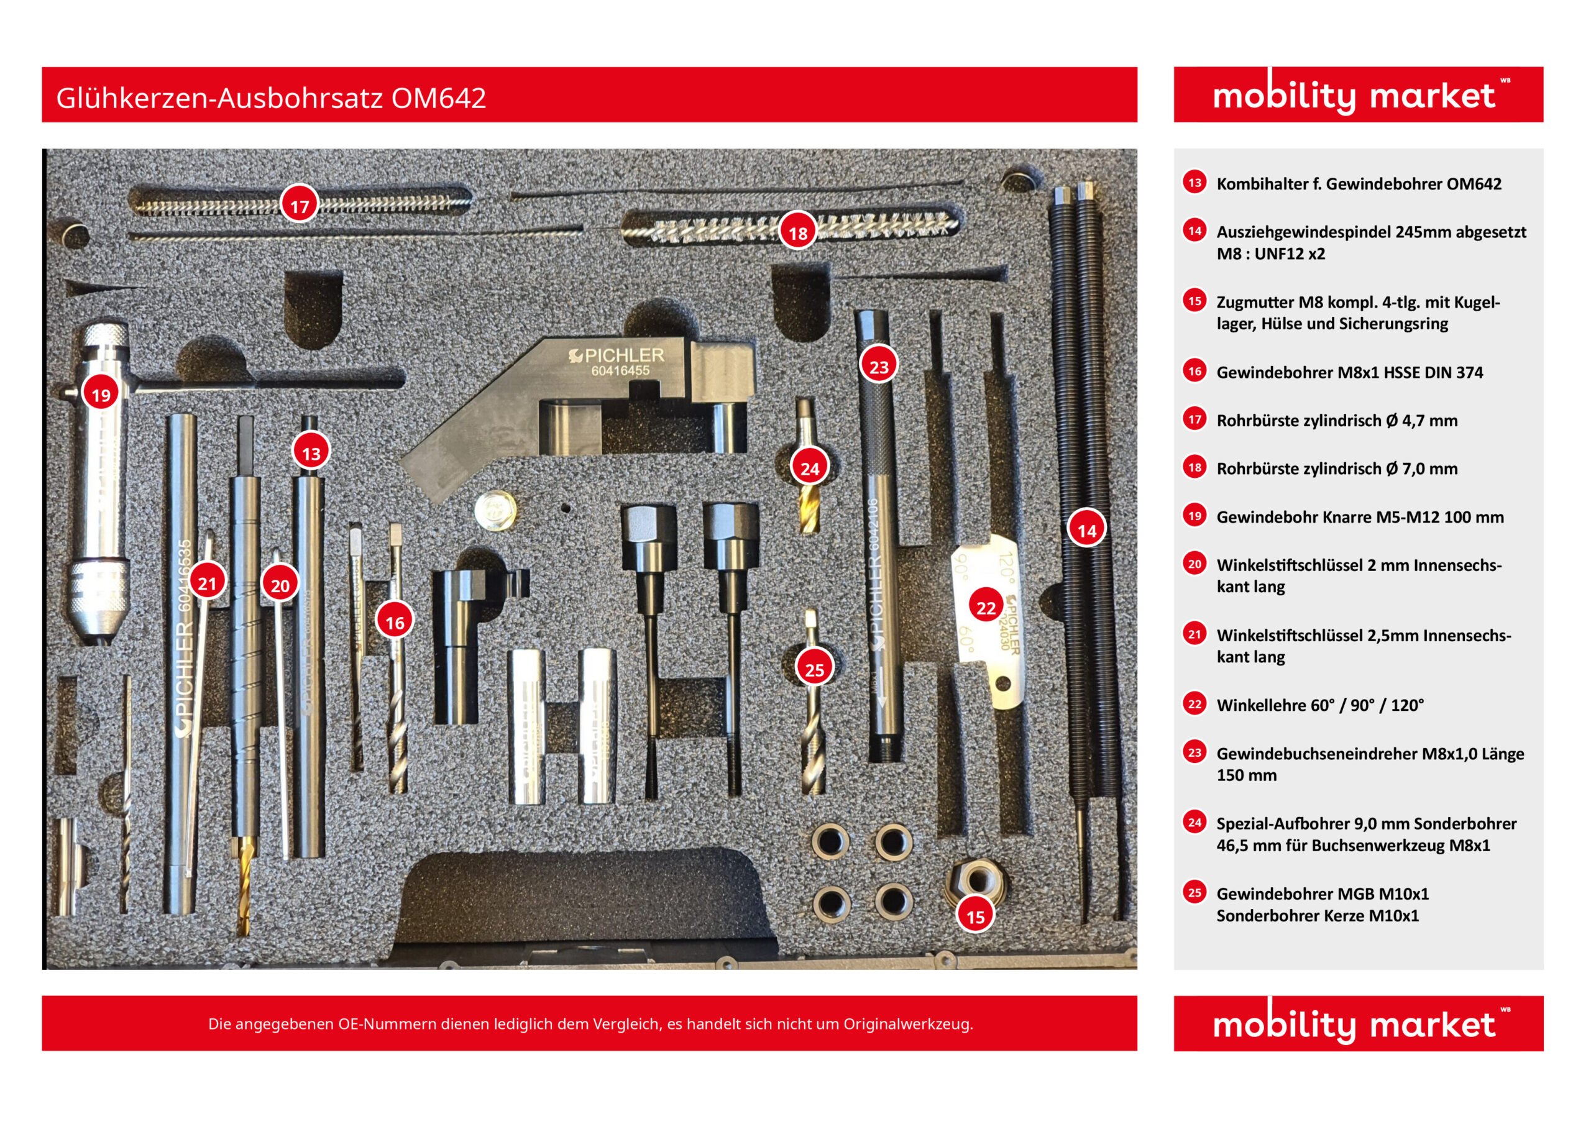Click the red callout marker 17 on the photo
tap(299, 206)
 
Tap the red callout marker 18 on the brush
tap(797, 233)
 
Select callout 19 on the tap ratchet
tap(101, 395)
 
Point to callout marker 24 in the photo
tap(809, 469)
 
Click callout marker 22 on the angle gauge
tap(986, 608)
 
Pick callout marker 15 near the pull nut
tap(975, 917)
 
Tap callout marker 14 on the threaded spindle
tap(1086, 531)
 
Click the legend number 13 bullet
tap(1194, 183)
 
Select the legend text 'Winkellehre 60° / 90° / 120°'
tap(1320, 705)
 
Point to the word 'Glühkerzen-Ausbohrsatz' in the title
tap(219, 98)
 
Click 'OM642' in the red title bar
tap(439, 98)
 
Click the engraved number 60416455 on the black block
tap(620, 372)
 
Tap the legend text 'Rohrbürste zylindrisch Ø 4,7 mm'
tap(1337, 421)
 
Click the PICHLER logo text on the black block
tap(623, 355)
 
